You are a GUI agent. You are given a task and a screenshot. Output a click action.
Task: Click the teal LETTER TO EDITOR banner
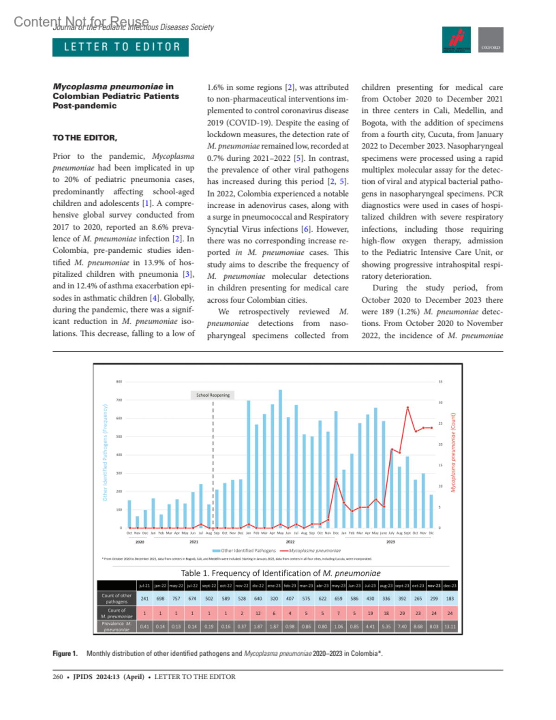[120, 47]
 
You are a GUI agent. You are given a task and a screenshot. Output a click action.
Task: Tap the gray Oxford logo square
[491, 40]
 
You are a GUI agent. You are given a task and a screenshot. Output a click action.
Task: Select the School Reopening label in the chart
[213, 395]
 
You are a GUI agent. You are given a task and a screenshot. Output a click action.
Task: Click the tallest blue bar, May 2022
[280, 459]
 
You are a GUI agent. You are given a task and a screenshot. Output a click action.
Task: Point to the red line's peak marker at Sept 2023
[408, 408]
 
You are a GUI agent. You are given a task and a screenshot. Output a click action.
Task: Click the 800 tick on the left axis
[119, 382]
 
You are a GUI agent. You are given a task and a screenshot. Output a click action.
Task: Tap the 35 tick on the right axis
[440, 382]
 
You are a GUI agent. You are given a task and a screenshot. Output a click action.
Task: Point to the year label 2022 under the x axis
[290, 542]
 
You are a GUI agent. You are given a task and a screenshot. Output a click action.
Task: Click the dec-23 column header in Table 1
[450, 586]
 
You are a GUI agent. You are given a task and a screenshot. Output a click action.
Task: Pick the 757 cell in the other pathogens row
[176, 599]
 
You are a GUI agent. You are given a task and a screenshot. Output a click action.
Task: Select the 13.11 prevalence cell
[450, 626]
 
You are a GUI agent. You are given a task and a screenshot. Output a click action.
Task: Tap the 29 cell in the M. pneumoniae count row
[402, 613]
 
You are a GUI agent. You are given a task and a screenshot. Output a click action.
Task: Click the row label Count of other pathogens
[117, 599]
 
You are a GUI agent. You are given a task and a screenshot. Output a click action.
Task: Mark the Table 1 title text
[281, 573]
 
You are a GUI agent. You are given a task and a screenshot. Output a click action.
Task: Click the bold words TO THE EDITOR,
[85, 138]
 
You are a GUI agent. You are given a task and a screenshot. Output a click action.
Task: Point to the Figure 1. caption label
[65, 654]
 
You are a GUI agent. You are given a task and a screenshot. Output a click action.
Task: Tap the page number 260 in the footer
[57, 677]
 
